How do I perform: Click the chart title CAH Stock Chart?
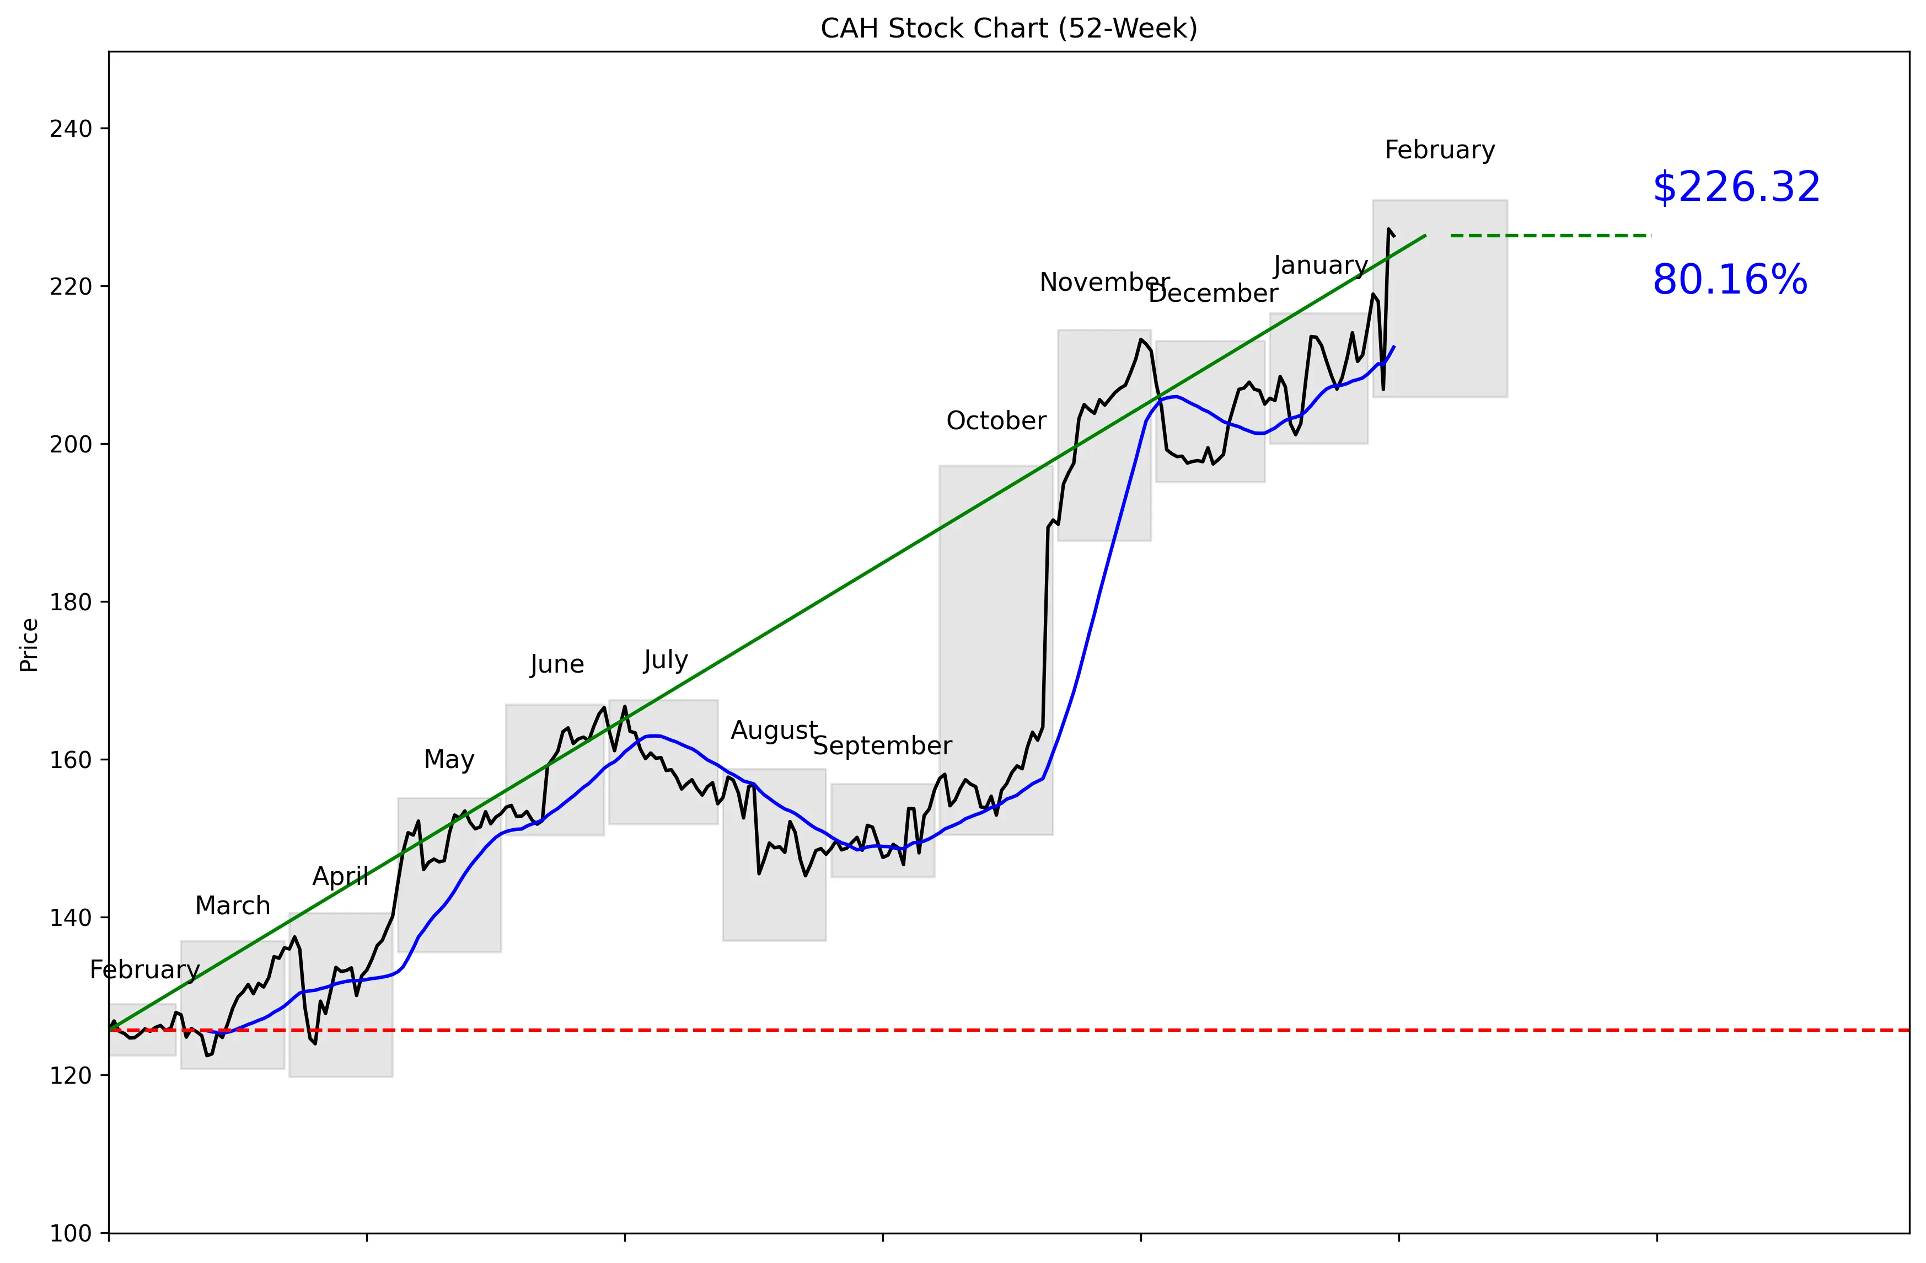pyautogui.click(x=1008, y=28)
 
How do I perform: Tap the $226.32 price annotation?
pyautogui.click(x=1736, y=187)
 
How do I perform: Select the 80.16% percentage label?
pyautogui.click(x=1729, y=280)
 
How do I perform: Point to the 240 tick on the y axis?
pyautogui.click(x=71, y=129)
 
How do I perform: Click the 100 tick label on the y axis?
pyautogui.click(x=71, y=1233)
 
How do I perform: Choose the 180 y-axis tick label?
pyautogui.click(x=71, y=603)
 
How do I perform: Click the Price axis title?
pyautogui.click(x=29, y=644)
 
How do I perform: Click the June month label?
pyautogui.click(x=557, y=665)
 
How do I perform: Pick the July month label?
pyautogui.click(x=665, y=660)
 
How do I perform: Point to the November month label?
pyautogui.click(x=1104, y=283)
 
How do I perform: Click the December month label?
pyautogui.click(x=1213, y=294)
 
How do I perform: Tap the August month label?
pyautogui.click(x=774, y=731)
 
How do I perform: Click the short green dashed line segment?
pyautogui.click(x=1550, y=236)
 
